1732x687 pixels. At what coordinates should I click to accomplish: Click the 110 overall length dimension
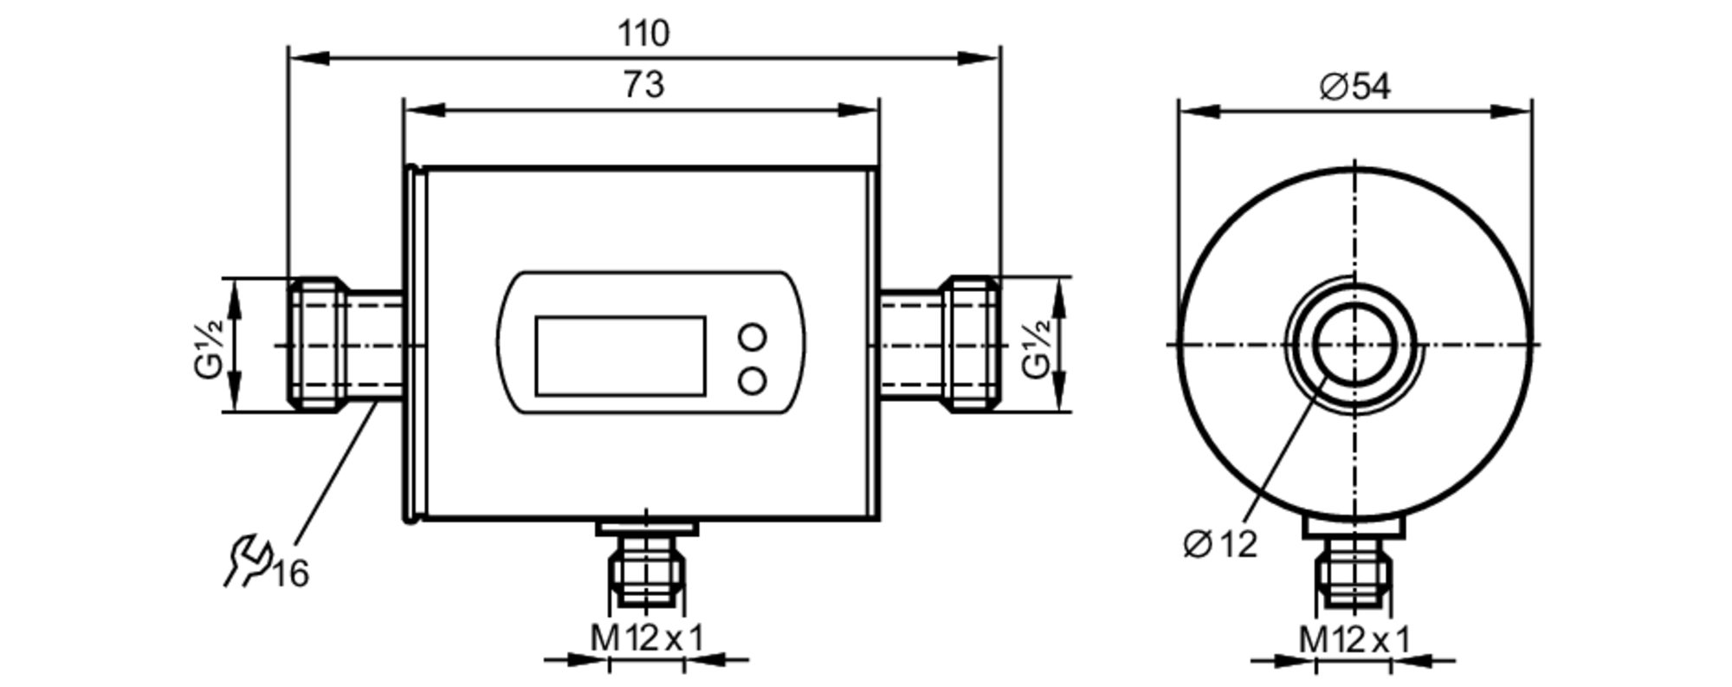pyautogui.click(x=643, y=34)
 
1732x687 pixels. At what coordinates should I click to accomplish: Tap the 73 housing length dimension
pyautogui.click(x=643, y=85)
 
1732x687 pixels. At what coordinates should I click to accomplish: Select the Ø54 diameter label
pyautogui.click(x=1354, y=87)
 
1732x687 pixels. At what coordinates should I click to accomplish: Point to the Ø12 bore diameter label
pyautogui.click(x=1219, y=544)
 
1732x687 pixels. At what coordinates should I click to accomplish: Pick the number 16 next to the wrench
pyautogui.click(x=291, y=574)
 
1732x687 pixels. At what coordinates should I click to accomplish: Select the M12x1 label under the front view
pyautogui.click(x=647, y=639)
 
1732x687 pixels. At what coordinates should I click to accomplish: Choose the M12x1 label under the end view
pyautogui.click(x=1354, y=640)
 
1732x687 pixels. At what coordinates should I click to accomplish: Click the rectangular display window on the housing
pyautogui.click(x=620, y=356)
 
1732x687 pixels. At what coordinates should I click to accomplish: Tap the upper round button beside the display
pyautogui.click(x=753, y=337)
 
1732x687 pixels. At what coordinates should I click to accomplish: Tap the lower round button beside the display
pyautogui.click(x=753, y=380)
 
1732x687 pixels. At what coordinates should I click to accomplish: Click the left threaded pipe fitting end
pyautogui.click(x=317, y=345)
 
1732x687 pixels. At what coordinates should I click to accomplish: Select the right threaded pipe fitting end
pyautogui.click(x=972, y=345)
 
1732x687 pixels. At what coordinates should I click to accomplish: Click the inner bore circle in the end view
pyautogui.click(x=1354, y=345)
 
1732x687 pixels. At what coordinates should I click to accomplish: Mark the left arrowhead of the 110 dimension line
pyautogui.click(x=308, y=58)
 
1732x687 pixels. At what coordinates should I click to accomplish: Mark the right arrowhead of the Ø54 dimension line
pyautogui.click(x=1511, y=111)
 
